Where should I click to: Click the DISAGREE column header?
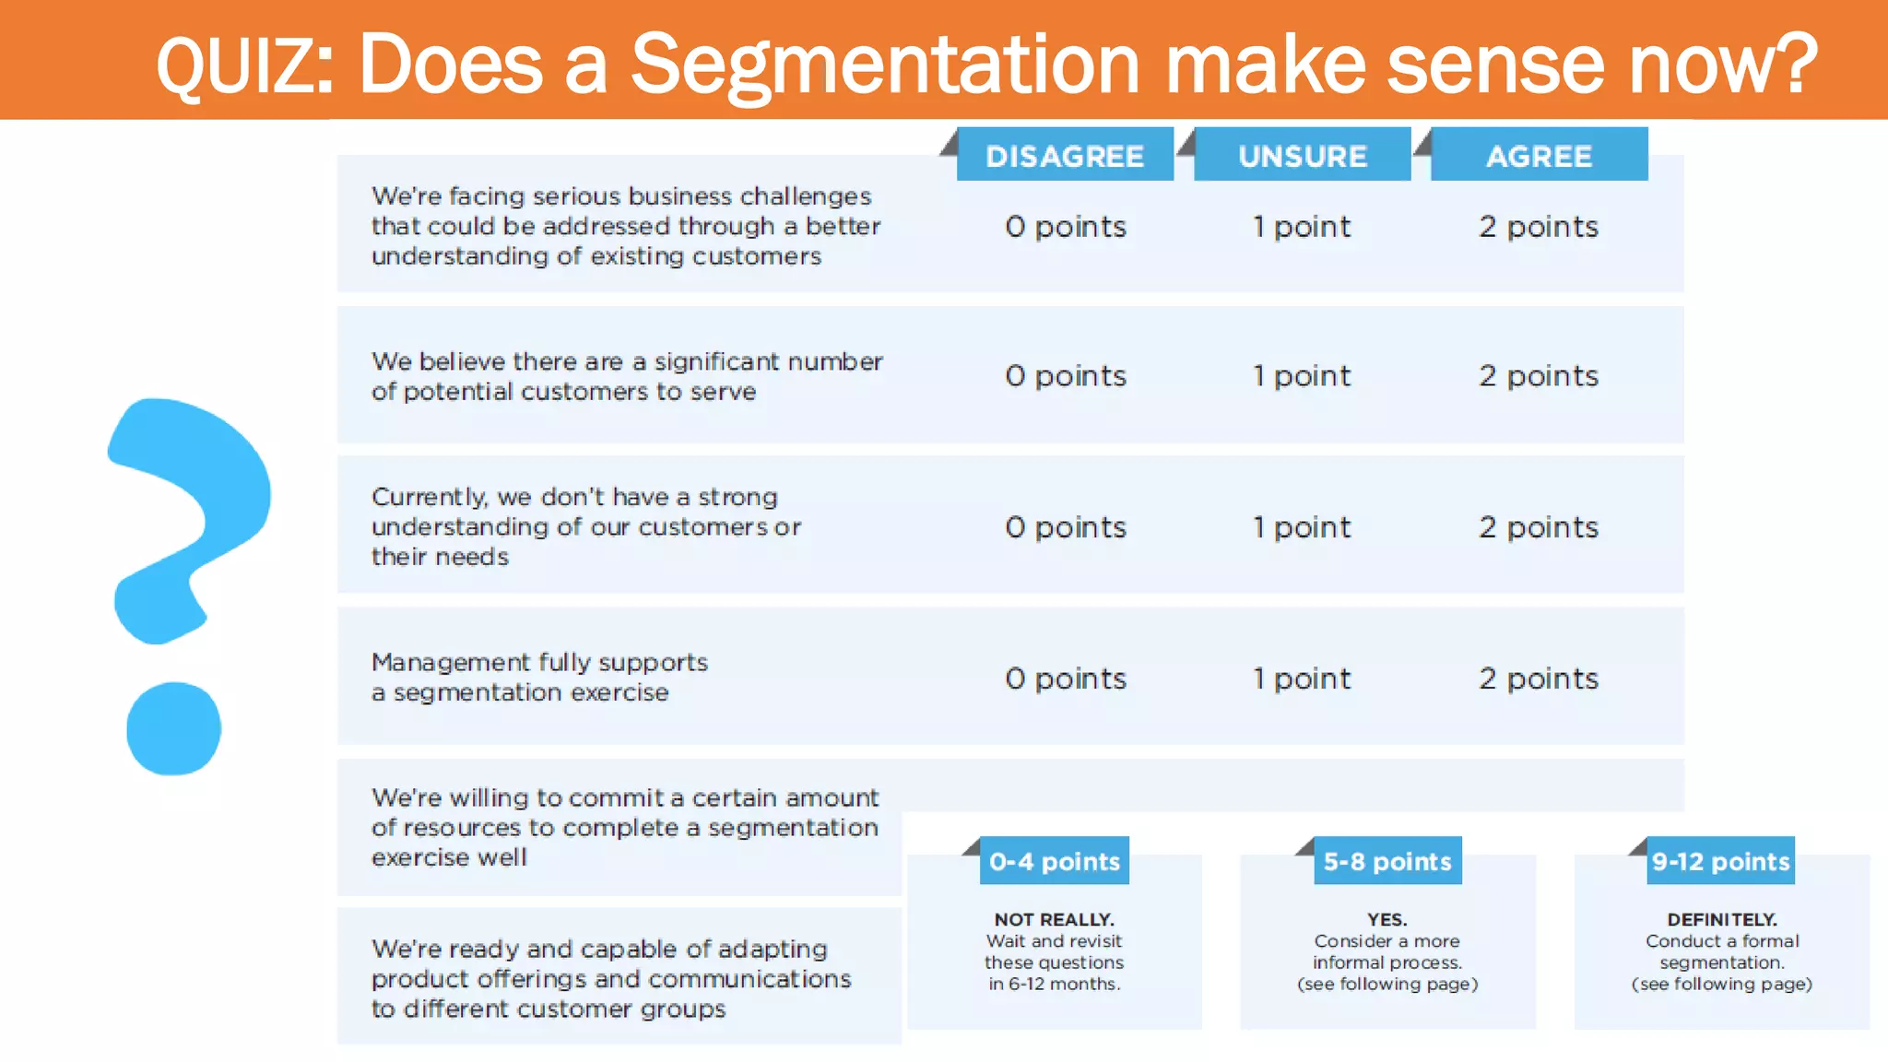point(1065,156)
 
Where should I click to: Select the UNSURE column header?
point(1302,156)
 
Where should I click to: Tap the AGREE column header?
point(1539,156)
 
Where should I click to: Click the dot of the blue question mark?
point(173,728)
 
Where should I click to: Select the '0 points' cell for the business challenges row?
point(1066,227)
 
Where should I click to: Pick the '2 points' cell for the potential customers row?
point(1539,376)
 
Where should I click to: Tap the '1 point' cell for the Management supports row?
point(1302,678)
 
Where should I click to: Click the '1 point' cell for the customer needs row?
point(1302,527)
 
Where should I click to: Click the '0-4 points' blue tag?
point(1055,861)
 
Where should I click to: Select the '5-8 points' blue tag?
point(1387,861)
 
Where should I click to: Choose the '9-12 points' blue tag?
point(1720,861)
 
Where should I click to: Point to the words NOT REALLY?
point(1054,919)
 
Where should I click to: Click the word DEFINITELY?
point(1721,919)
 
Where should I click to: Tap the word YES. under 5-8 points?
point(1387,919)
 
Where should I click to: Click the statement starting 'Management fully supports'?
point(539,677)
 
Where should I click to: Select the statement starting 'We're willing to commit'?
point(624,827)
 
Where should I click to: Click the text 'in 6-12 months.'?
point(1054,984)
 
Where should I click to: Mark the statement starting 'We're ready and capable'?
point(610,978)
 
